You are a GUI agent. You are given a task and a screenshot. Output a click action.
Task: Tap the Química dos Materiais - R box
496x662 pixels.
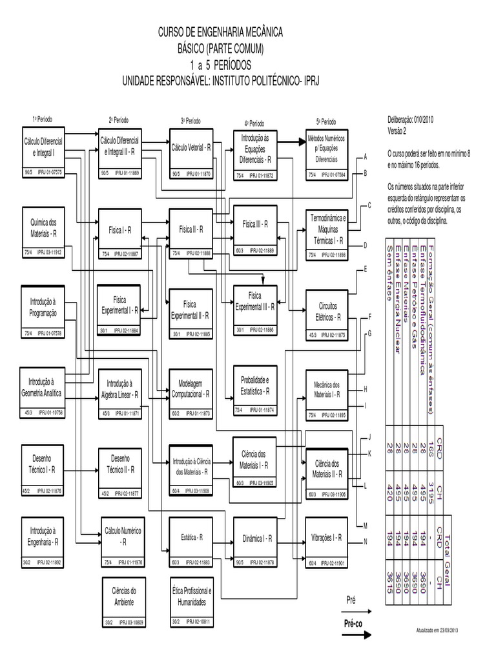pyautogui.click(x=44, y=231)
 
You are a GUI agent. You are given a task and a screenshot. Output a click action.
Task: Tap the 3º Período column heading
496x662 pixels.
pyautogui.click(x=191, y=121)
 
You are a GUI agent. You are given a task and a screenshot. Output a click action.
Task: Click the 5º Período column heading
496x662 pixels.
pyautogui.click(x=326, y=122)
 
